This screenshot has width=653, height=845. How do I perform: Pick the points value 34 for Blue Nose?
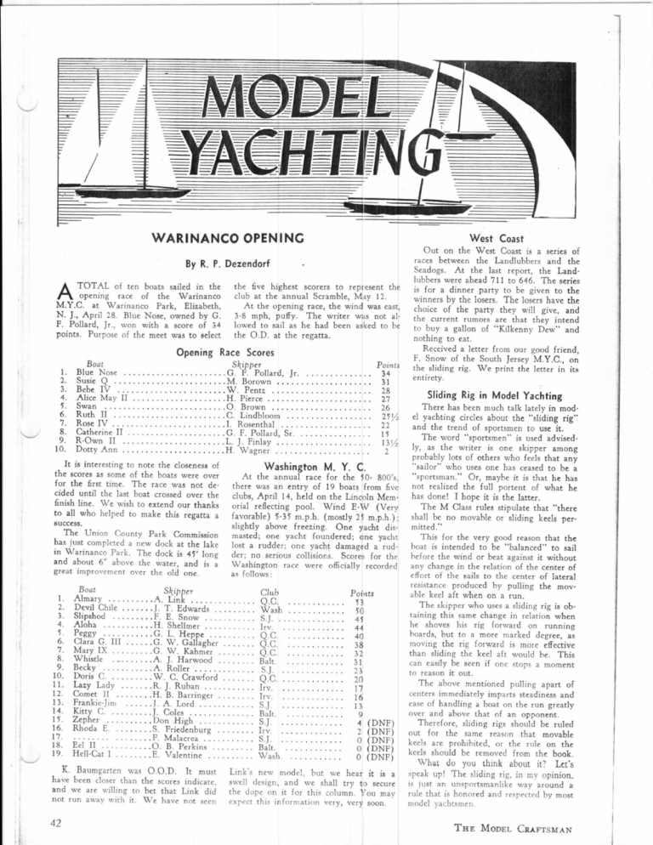pyautogui.click(x=385, y=349)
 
